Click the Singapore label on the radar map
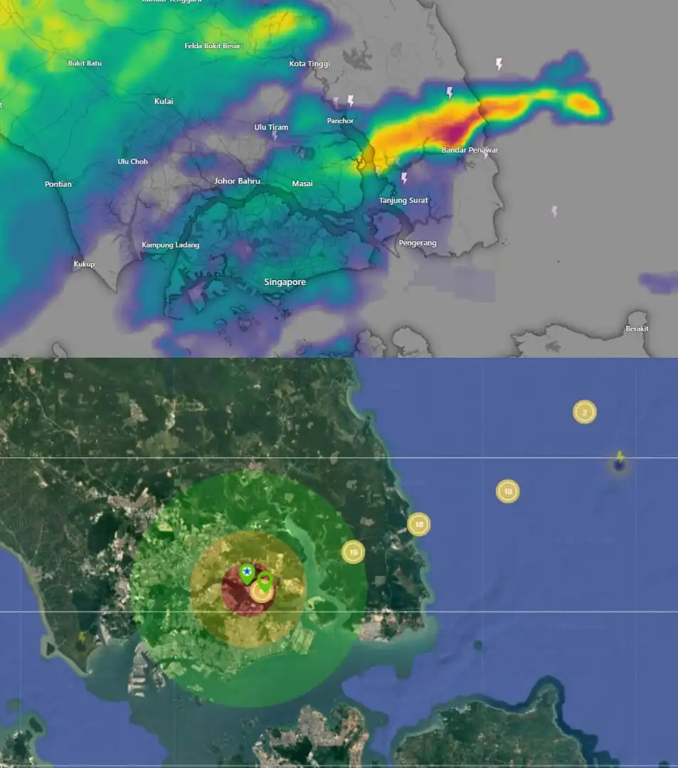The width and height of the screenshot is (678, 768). [x=285, y=282]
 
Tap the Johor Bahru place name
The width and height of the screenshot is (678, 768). [x=237, y=181]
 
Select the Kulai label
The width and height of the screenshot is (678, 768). [x=164, y=101]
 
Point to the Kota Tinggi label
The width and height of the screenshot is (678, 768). [x=309, y=64]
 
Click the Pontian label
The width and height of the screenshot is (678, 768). [x=58, y=184]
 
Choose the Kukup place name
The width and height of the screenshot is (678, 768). [x=84, y=265]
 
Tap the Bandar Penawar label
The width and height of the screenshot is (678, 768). [x=470, y=150]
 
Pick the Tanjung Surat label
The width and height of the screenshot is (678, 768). [x=403, y=201]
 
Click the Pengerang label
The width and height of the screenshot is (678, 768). [x=418, y=243]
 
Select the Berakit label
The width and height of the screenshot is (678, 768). [x=637, y=329]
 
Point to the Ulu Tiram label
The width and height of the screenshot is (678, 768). [x=271, y=127]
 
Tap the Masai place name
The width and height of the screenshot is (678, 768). [x=302, y=184]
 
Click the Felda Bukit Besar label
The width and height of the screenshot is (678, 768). [x=213, y=46]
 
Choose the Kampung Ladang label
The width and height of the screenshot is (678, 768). [x=170, y=245]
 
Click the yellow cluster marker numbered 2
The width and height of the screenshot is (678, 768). [x=585, y=412]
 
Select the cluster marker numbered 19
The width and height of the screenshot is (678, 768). [x=353, y=552]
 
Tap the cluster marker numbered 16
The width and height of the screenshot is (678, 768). [x=419, y=525]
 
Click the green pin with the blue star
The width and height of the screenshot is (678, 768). [x=246, y=572]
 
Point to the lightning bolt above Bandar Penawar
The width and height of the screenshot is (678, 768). [x=450, y=92]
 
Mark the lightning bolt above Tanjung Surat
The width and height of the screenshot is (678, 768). [x=404, y=178]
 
